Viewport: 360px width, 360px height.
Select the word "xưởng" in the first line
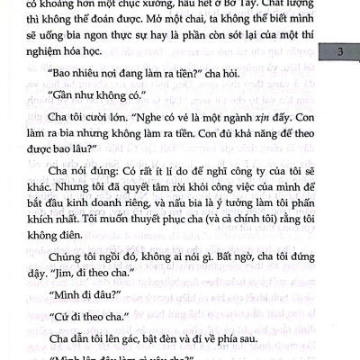click(171, 5)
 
